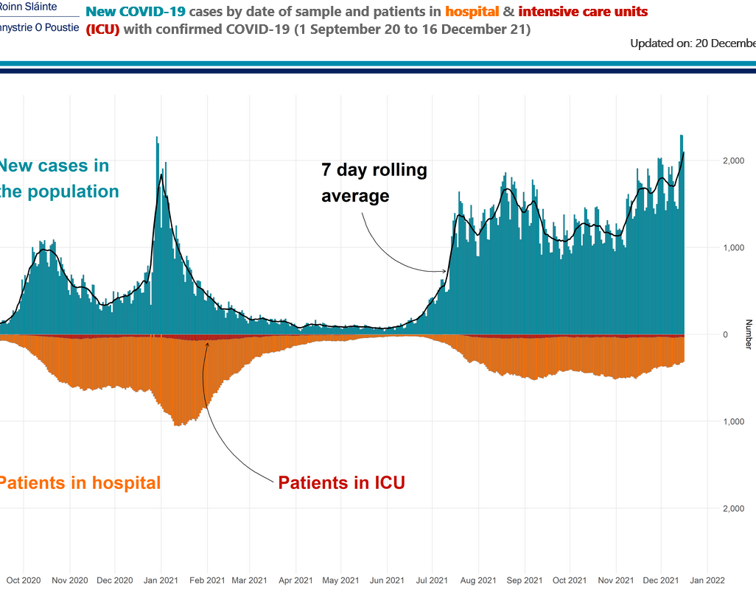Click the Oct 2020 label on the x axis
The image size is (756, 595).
32,580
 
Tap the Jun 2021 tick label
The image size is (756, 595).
386,580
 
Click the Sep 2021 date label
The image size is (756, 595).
524,580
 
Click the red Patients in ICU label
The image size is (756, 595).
341,483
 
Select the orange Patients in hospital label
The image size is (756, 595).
79,483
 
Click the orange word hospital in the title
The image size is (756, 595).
472,12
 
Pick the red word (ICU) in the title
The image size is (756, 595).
102,29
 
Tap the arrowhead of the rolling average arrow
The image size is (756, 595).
445,272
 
